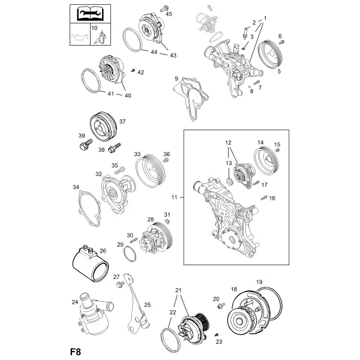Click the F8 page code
click(x=76, y=352)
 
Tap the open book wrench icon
click(x=91, y=14)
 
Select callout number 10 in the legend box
click(x=94, y=28)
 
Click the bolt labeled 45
click(x=164, y=9)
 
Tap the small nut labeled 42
click(x=133, y=70)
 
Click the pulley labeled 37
click(x=103, y=127)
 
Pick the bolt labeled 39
click(x=86, y=144)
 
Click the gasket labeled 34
click(x=89, y=208)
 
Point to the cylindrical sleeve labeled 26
click(x=91, y=264)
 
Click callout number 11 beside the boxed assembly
click(x=174, y=197)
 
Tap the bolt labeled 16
click(x=264, y=197)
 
